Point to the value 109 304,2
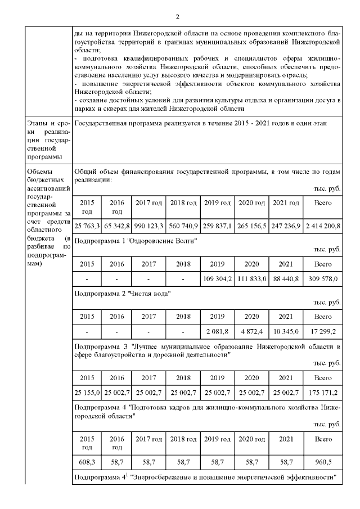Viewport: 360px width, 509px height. point(218,278)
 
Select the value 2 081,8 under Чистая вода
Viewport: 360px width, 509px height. point(218,330)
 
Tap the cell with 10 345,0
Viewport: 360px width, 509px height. point(287,330)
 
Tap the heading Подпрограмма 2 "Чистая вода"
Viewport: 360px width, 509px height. point(122,293)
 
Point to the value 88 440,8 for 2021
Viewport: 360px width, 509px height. point(287,278)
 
